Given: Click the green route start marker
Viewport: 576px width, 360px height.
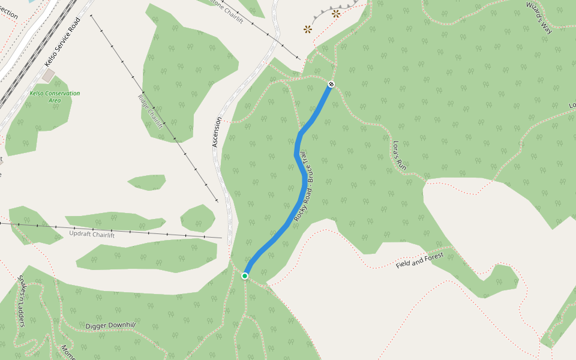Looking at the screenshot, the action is tap(245, 275).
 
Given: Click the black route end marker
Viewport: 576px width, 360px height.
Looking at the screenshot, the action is tap(331, 84).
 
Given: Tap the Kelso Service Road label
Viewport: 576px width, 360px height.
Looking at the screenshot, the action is tap(62, 41).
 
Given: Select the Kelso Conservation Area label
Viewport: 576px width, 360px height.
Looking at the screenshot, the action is tap(55, 97).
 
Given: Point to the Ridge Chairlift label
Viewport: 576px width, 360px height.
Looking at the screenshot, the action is tap(151, 112).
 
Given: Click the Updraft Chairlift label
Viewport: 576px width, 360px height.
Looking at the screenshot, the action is tap(92, 234).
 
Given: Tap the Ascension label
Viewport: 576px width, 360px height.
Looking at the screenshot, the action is tap(217, 132).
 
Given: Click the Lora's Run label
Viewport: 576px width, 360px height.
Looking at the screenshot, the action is tap(400, 158).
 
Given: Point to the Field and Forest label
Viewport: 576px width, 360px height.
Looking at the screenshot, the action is tap(419, 260).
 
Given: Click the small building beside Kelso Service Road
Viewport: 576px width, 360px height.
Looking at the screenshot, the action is tap(48, 76).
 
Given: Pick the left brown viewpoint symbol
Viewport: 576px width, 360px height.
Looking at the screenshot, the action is tap(308, 28).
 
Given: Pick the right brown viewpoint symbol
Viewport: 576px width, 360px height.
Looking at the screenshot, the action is tap(336, 13).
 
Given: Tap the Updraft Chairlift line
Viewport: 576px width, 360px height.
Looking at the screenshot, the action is tap(150, 232).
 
